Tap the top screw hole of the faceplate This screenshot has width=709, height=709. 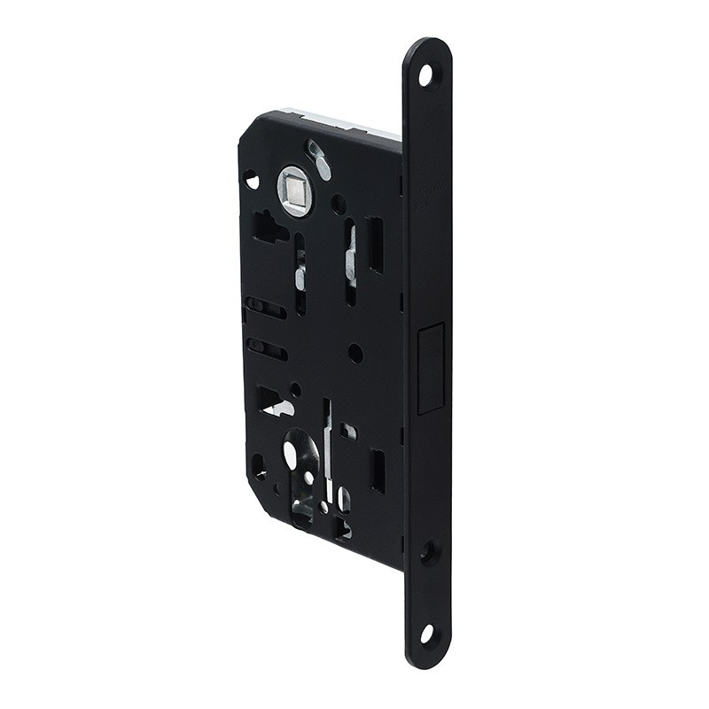425,75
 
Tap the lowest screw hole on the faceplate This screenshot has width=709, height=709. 426,633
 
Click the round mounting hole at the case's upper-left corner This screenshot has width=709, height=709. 252,180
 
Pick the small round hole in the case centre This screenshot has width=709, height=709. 355,353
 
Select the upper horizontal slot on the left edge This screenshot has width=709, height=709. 265,308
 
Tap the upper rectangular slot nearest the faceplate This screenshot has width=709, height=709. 376,245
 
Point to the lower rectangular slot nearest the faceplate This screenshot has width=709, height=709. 378,471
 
